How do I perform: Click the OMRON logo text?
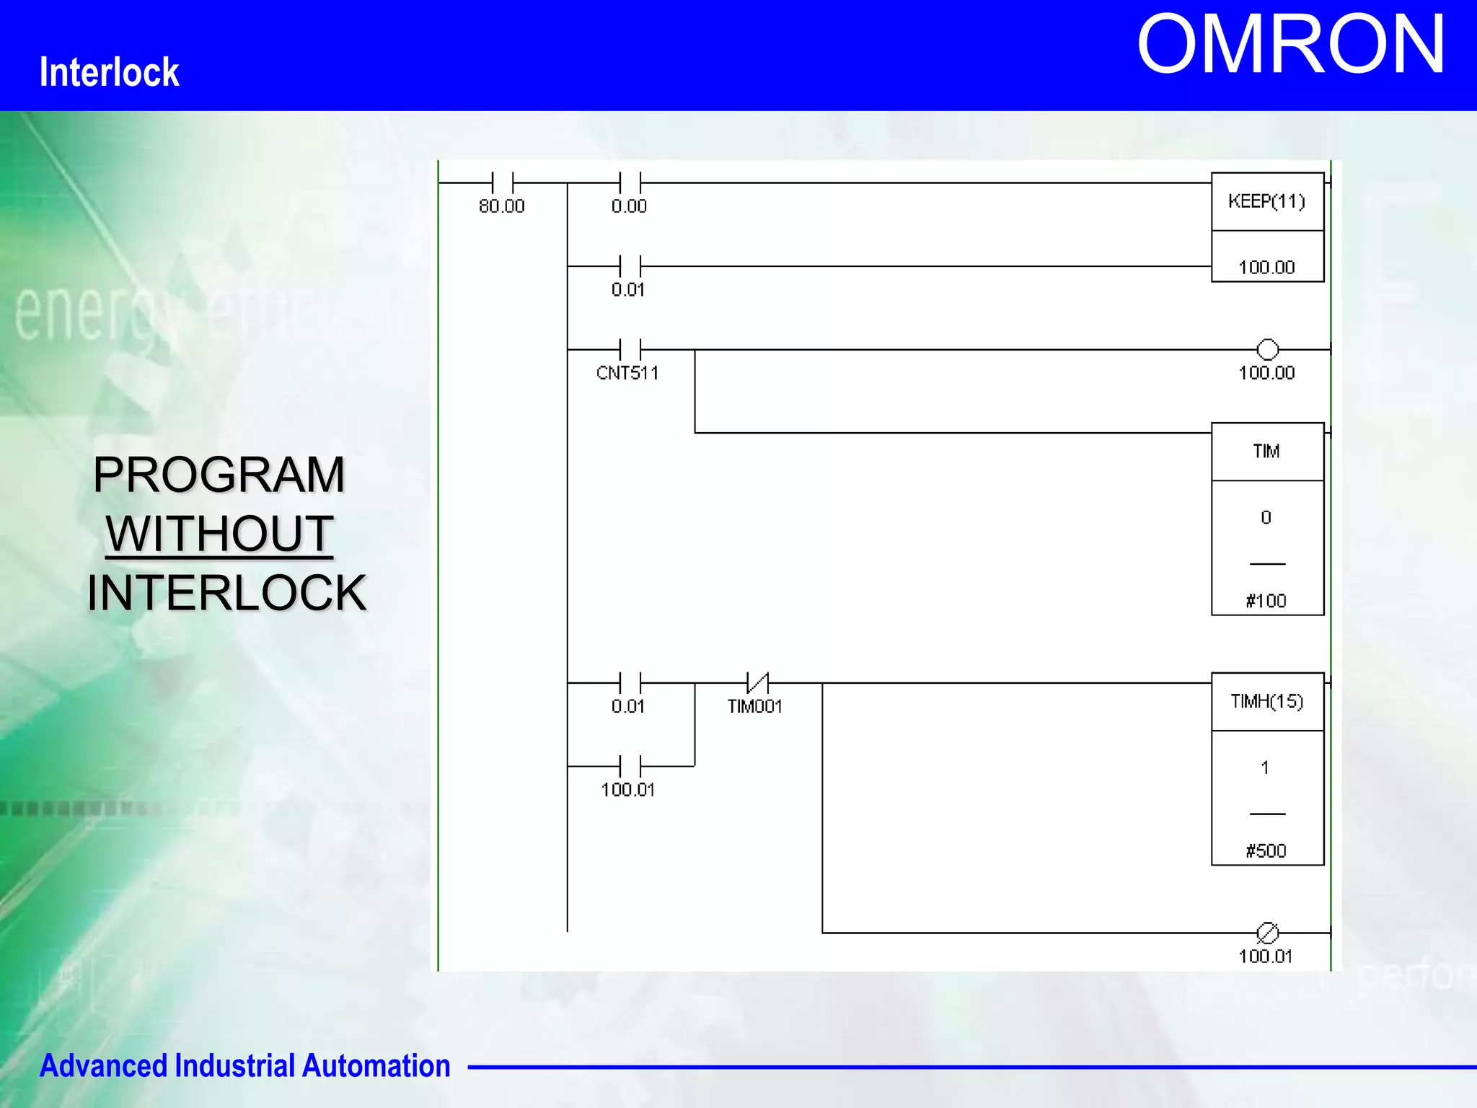[1291, 45]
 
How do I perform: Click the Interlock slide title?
[109, 72]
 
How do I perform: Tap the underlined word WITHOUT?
[219, 534]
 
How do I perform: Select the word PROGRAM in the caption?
[219, 475]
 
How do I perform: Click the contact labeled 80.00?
[502, 183]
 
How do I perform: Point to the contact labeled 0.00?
[630, 183]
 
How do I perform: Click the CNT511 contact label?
[627, 373]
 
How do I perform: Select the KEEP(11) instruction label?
[1266, 201]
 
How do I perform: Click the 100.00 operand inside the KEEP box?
[1266, 268]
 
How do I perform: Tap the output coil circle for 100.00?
[1267, 350]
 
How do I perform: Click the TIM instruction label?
[1266, 452]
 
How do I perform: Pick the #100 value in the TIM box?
[1266, 601]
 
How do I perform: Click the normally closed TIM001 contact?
[757, 682]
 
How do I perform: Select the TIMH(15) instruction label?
[1266, 701]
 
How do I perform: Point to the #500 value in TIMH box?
[1266, 851]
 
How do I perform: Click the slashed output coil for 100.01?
[1267, 933]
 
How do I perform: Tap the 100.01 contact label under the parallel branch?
[628, 790]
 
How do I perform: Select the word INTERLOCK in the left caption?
[226, 593]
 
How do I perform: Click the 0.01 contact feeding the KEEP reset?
[630, 266]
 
